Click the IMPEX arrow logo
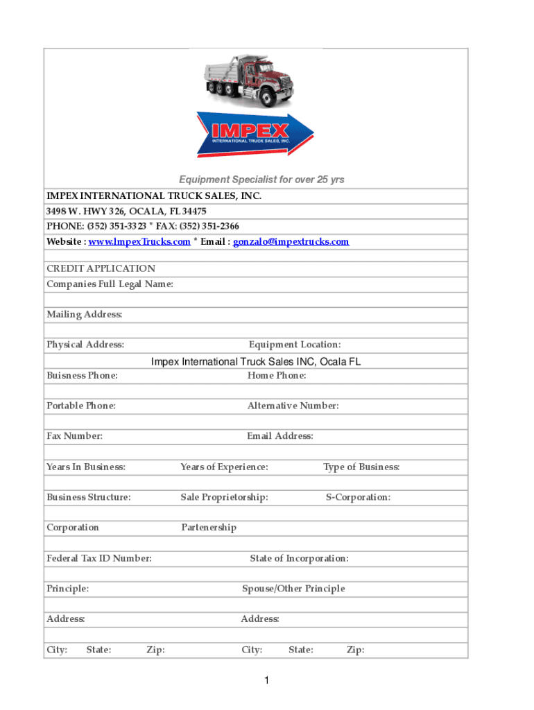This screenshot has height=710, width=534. [255, 134]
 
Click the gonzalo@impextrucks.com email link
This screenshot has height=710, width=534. [291, 242]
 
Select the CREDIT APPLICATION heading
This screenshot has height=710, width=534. [101, 268]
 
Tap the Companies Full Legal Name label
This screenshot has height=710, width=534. [110, 284]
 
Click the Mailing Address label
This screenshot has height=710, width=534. [85, 315]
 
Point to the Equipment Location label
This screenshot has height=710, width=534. [295, 345]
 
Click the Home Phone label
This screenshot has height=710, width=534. [277, 375]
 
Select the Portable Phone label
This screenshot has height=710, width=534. [81, 406]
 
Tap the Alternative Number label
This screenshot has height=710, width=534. [293, 406]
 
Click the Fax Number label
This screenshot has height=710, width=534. [74, 436]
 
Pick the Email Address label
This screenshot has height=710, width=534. [280, 436]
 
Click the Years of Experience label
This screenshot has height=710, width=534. [224, 467]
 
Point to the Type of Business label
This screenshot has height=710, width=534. [361, 467]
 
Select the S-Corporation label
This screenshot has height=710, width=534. [358, 497]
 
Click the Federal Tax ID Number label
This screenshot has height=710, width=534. [99, 558]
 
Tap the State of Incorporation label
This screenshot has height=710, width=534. [299, 558]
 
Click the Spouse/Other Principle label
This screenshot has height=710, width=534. [293, 589]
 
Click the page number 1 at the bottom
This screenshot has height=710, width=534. [266, 682]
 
